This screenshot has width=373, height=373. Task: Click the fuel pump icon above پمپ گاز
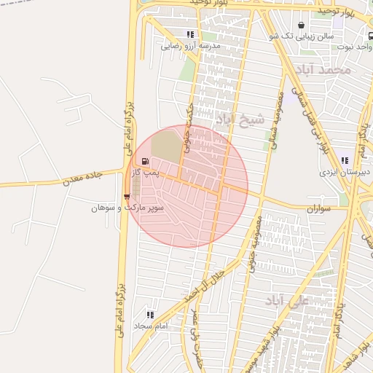click(x=146, y=162)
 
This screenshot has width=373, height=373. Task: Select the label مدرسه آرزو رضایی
click(x=190, y=45)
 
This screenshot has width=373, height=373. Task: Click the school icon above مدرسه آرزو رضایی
click(x=190, y=34)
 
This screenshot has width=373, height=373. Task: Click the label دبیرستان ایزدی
click(x=345, y=173)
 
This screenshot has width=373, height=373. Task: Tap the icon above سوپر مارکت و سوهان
click(x=127, y=196)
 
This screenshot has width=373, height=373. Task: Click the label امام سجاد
click(x=151, y=326)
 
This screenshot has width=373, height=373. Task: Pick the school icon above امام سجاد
click(x=150, y=315)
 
